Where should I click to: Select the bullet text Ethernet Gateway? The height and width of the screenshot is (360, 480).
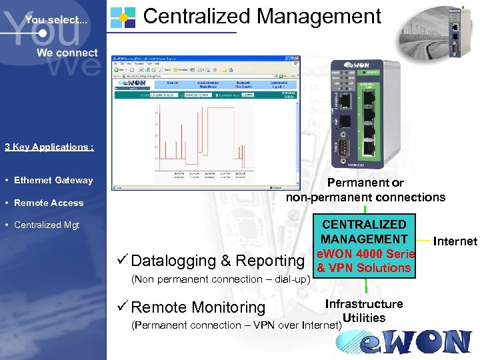(x=53, y=180)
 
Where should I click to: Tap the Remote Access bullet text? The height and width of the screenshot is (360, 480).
(x=49, y=203)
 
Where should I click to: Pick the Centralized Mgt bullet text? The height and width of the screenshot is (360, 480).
(x=47, y=225)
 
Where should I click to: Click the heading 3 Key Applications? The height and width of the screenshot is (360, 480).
(x=49, y=147)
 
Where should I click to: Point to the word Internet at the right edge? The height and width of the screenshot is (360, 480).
(x=456, y=241)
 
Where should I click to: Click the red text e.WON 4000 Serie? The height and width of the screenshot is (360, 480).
(x=365, y=254)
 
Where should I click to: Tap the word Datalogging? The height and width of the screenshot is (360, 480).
(x=173, y=261)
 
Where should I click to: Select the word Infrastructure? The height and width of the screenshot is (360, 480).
(x=364, y=304)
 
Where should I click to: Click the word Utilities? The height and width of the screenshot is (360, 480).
(x=363, y=317)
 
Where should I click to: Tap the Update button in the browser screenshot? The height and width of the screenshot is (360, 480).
(x=247, y=95)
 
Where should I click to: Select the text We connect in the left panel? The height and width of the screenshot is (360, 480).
(x=67, y=53)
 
